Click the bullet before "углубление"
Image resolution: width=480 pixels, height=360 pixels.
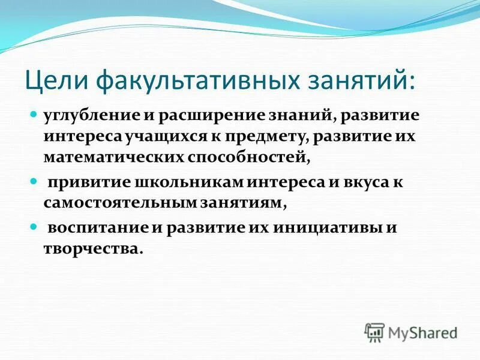coord(34,113)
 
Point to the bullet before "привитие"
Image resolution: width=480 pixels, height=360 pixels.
coord(34,180)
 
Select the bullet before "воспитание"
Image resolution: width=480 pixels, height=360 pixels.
coord(34,226)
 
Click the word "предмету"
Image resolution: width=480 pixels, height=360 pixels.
coord(268,136)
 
